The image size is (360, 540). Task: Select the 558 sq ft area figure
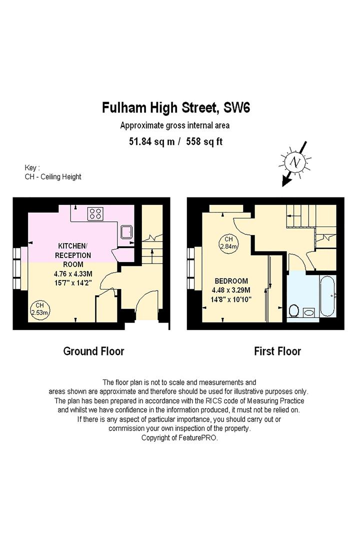204,141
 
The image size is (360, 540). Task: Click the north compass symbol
295,162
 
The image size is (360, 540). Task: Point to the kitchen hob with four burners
95,214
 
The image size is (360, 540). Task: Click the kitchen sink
126,231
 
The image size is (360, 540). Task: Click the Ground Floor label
93,351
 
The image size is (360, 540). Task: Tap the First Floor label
277,351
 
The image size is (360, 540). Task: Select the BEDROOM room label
231,281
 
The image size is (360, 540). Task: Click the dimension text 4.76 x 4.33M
75,273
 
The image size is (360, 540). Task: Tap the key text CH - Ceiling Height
53,176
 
